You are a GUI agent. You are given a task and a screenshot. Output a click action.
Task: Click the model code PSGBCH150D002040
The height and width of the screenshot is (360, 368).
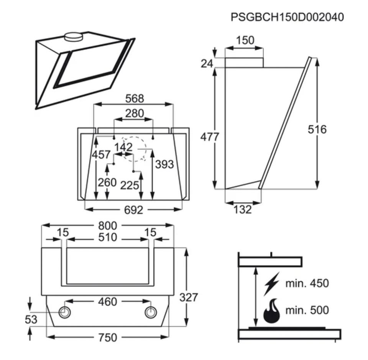[x=287, y=17]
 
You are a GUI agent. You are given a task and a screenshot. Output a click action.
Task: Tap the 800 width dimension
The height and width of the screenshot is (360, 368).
[x=107, y=226]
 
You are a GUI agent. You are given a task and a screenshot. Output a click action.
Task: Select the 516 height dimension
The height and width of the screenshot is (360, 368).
[x=317, y=129]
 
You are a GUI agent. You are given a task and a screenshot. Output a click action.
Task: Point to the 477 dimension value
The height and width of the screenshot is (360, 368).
[x=210, y=137]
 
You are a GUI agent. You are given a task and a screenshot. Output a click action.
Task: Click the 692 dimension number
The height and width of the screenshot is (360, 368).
[x=133, y=210]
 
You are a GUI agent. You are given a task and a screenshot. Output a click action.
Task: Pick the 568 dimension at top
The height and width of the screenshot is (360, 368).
[x=135, y=99]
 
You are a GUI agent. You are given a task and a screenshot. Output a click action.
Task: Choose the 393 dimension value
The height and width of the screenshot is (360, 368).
[x=164, y=164]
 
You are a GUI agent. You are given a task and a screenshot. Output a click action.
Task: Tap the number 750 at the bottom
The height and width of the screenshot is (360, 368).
[x=107, y=337]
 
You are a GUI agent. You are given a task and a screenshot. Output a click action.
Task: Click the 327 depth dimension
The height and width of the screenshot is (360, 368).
[x=189, y=297]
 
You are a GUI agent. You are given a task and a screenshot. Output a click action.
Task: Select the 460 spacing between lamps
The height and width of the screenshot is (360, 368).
[x=107, y=302]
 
